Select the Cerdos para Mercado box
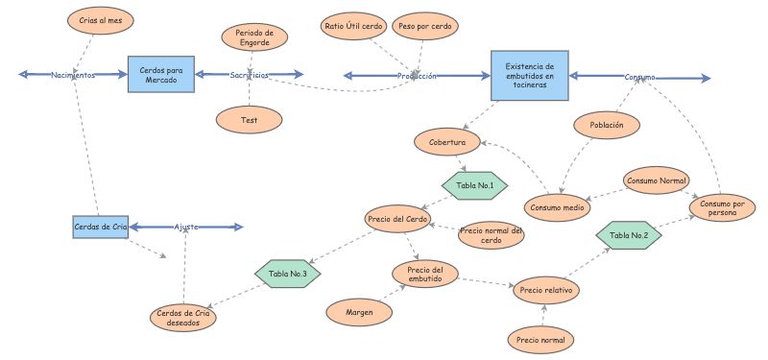162,74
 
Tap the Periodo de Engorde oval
254,37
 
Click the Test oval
249,119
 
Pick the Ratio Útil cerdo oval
354,25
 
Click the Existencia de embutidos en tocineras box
530,75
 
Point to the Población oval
607,125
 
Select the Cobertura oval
447,142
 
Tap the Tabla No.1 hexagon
474,184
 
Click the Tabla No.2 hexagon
629,234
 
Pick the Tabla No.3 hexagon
288,274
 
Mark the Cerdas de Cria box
101,227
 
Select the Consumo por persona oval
723,207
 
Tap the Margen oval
359,311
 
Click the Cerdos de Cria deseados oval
183,319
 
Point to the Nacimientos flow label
73,75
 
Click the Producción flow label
417,76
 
